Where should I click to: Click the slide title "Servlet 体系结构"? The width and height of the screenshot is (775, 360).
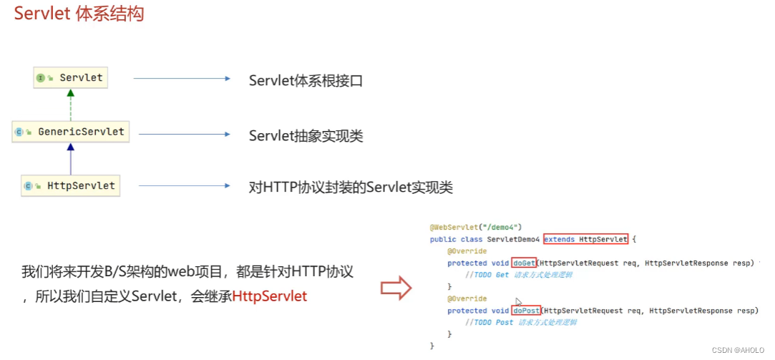click(79, 14)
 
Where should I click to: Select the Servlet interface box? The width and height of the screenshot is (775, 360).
click(71, 77)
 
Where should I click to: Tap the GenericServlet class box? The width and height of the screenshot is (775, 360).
click(71, 132)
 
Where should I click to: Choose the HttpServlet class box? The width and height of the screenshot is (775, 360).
click(70, 185)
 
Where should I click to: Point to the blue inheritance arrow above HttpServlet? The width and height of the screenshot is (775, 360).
click(70, 158)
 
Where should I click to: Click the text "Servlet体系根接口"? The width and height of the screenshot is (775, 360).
click(306, 80)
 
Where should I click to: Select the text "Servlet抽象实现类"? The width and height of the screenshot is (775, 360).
click(306, 135)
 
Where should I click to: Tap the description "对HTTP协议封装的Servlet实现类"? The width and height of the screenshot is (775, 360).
click(351, 188)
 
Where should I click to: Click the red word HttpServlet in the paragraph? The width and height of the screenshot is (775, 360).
click(270, 296)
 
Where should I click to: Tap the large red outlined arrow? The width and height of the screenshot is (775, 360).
click(396, 288)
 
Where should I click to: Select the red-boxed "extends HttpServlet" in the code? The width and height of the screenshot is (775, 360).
click(585, 239)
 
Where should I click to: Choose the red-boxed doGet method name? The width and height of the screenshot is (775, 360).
click(525, 263)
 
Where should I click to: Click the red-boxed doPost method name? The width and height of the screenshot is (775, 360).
click(526, 311)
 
